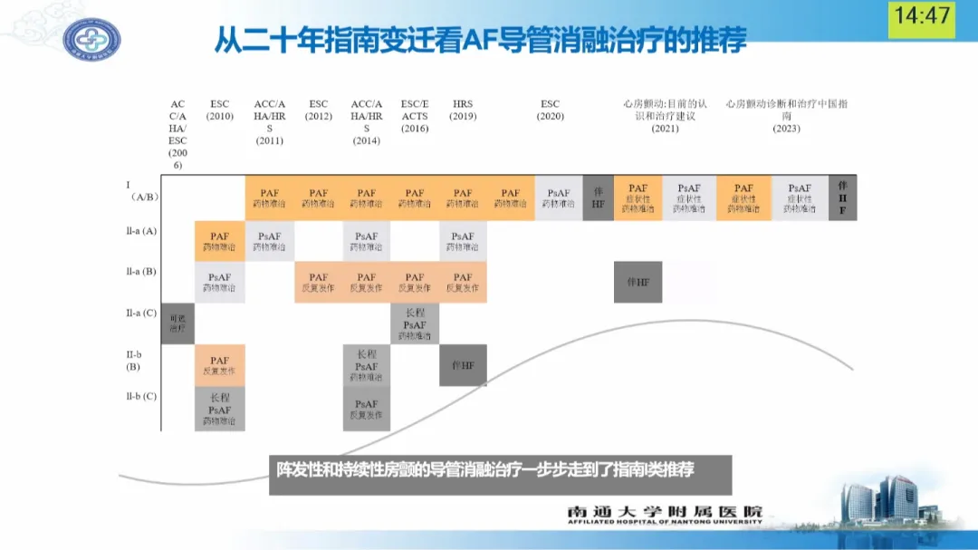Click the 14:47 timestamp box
coord(922,17)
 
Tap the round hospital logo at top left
coord(91,40)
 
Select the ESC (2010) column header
coord(220,111)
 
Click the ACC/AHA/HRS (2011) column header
coord(270,122)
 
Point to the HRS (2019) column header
coord(463,111)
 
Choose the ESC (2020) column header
coord(550,111)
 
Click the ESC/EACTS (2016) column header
coord(415,117)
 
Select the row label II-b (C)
coord(141,396)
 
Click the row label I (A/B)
coord(139,190)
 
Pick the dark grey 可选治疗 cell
coord(177,323)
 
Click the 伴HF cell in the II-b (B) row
coord(463,365)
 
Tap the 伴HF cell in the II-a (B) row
coord(638,283)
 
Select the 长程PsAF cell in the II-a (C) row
coord(415,323)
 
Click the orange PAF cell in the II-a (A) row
coord(219,241)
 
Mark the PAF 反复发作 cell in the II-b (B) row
coord(219,365)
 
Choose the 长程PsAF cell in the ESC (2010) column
coord(219,410)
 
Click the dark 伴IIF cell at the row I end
coord(842,198)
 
